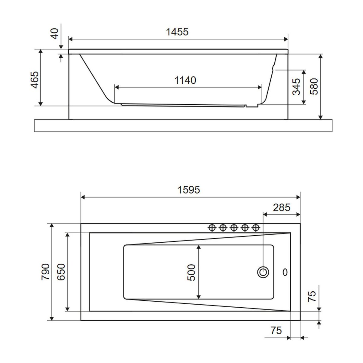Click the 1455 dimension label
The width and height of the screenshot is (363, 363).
pyautogui.click(x=177, y=32)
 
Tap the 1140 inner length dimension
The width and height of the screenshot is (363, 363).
pyautogui.click(x=185, y=80)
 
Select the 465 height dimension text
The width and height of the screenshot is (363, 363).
pyautogui.click(x=35, y=80)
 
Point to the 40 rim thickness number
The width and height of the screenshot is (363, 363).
pyautogui.click(x=55, y=34)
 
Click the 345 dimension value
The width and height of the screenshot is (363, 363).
pyautogui.click(x=296, y=87)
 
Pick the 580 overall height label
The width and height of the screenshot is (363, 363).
pyautogui.click(x=314, y=87)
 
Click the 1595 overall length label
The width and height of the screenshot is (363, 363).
pyautogui.click(x=188, y=190)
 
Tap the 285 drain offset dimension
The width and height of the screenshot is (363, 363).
pyautogui.click(x=282, y=208)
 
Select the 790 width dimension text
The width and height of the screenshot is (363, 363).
pyautogui.click(x=46, y=272)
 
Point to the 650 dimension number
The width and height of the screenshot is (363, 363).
pyautogui.click(x=61, y=272)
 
